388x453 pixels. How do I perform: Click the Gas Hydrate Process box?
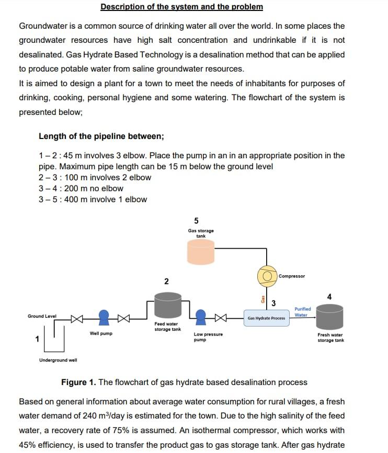tap(267, 318)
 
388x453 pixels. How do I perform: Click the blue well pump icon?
tap(104, 317)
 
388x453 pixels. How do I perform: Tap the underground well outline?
tap(54, 337)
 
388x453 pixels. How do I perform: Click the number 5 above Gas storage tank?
tap(196, 220)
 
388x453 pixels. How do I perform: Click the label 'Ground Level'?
tap(42, 316)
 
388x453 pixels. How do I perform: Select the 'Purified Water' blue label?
tap(302, 312)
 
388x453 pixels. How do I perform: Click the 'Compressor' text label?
tap(292, 276)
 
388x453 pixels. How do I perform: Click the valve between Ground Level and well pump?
tap(76, 317)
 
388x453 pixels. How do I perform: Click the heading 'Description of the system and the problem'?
tap(181, 7)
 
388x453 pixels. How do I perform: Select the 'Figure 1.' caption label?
tap(78, 382)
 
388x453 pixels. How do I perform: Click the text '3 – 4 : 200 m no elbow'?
tap(81, 188)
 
